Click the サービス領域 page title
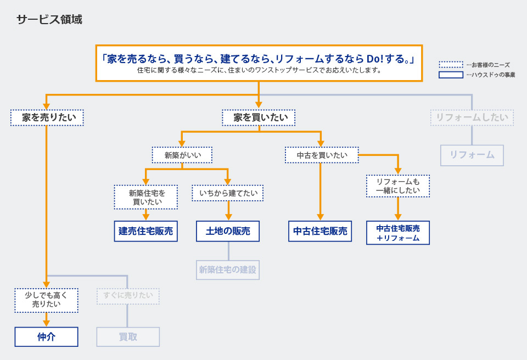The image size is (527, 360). coord(49,20)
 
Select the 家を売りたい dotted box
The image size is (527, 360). coord(47,117)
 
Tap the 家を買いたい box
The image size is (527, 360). coord(259,117)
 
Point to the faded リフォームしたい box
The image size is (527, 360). coord(472,117)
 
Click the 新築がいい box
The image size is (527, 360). coord(182,155)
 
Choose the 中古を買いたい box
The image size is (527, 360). coord(322,155)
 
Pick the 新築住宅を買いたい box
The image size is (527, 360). coord(146,197)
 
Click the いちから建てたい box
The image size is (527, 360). coord(227,193)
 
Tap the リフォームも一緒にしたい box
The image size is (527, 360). coord(398,186)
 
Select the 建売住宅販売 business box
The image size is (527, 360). coord(146,231)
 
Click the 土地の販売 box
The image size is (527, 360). coord(228,231)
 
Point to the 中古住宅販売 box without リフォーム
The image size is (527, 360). coord(320,231)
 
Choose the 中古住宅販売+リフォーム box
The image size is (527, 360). coord(398,233)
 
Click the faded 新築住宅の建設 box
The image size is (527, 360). coord(228,269)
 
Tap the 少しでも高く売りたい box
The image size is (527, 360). coord(46,300)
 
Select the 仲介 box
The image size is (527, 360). coord(46,336)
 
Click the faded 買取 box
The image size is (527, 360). coord(128,336)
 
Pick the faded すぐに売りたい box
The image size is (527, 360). coord(128,296)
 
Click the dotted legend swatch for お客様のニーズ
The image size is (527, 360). coord(451,65)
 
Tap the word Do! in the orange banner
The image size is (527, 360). coord(375,59)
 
